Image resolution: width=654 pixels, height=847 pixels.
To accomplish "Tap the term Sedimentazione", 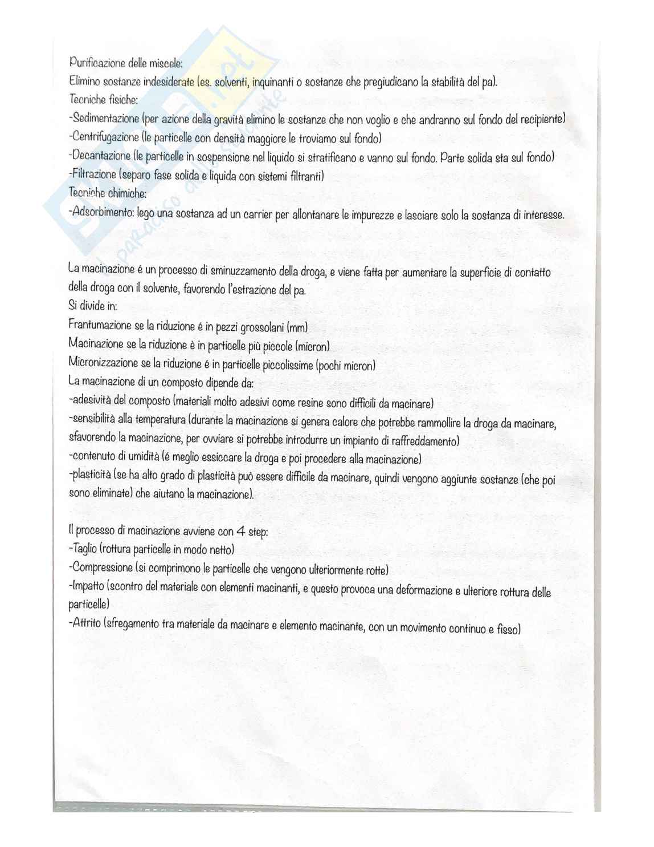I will coord(105,119).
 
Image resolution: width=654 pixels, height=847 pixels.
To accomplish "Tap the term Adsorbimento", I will coord(97,212).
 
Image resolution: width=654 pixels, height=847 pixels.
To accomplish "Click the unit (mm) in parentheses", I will coord(297,328).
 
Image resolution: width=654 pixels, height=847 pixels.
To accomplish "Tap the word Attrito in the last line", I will coord(87,623).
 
